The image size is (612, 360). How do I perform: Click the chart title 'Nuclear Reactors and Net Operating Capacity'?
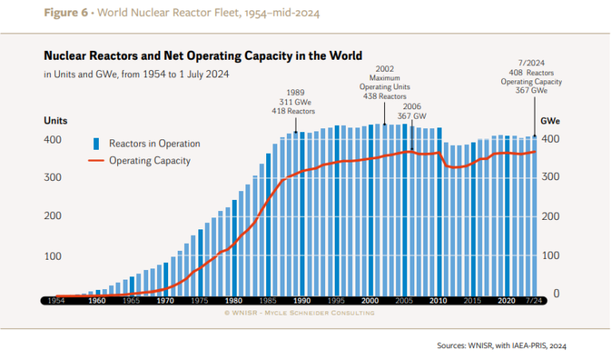pos(202,57)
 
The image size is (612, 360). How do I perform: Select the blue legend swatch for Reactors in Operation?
pos(96,144)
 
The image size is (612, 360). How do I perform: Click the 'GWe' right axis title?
pos(550,121)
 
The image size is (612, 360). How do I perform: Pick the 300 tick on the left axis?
pos(53,177)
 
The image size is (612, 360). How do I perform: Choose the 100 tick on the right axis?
pos(551,256)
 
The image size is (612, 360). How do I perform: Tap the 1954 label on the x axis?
pos(56,301)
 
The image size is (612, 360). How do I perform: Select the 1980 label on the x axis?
pos(233,301)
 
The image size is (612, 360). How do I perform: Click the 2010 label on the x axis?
pos(438,301)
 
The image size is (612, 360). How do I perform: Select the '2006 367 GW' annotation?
pos(412,111)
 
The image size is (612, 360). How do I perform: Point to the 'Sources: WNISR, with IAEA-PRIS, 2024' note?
pos(501,346)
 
